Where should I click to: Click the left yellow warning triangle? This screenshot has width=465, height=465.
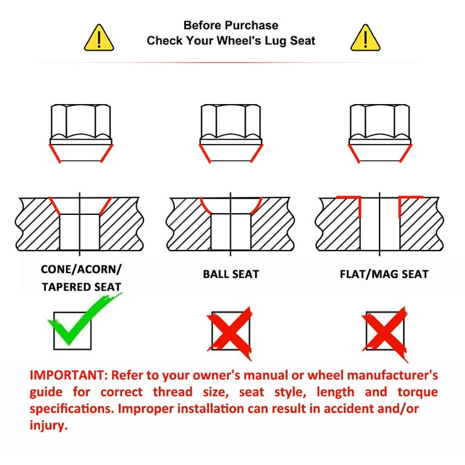[99, 38]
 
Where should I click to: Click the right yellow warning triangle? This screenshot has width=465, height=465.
[365, 38]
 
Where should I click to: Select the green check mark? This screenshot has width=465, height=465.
[85, 319]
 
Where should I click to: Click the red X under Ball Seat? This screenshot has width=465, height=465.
[230, 333]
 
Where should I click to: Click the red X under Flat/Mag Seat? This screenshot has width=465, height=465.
[384, 334]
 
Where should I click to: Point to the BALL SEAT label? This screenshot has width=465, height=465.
[231, 274]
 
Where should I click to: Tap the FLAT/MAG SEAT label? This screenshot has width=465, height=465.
[384, 274]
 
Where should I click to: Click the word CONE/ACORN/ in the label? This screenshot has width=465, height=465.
[81, 269]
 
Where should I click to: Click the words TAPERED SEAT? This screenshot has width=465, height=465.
[81, 287]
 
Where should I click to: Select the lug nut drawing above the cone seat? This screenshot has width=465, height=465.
[81, 133]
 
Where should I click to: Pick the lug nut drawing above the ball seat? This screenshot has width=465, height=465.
[231, 133]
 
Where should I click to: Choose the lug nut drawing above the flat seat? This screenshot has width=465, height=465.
[380, 133]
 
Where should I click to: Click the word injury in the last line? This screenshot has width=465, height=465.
[48, 426]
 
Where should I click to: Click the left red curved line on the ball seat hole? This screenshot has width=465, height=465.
[204, 206]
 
